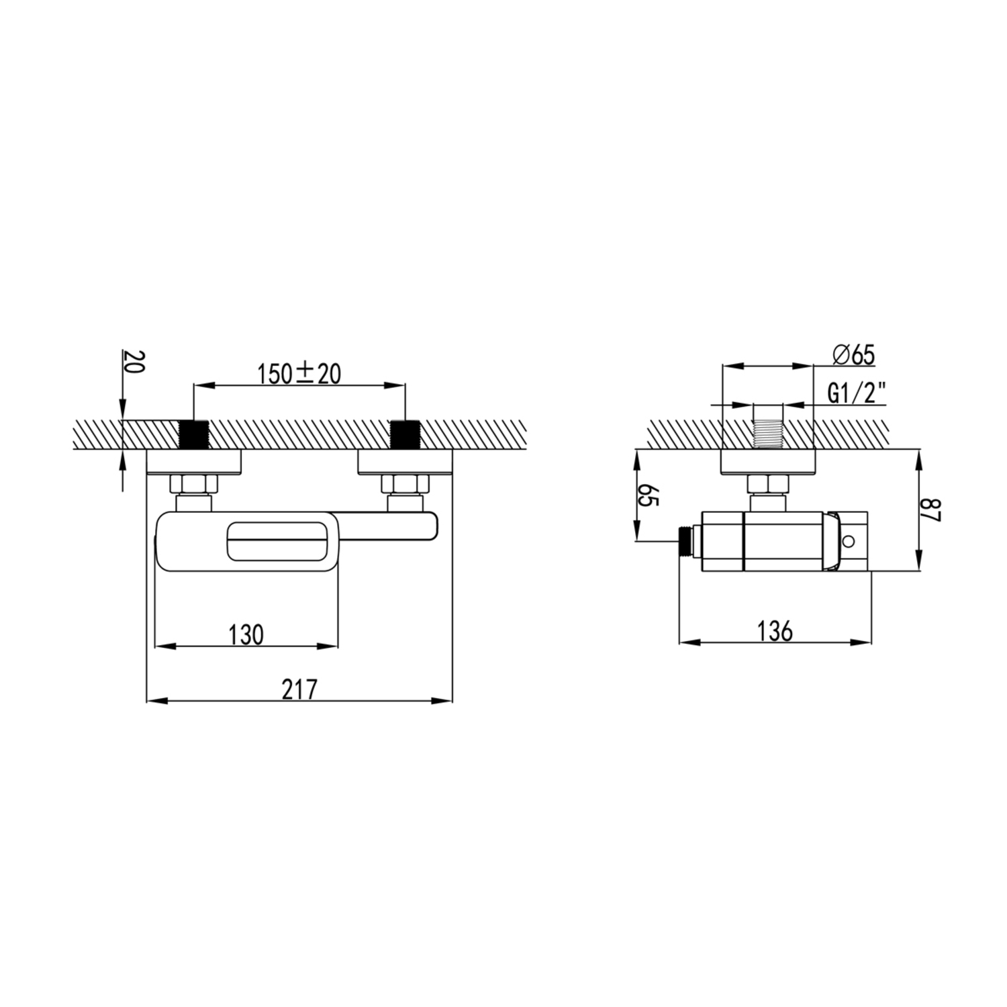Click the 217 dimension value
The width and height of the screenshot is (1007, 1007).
pyautogui.click(x=299, y=689)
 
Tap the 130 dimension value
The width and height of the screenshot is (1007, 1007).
pyautogui.click(x=246, y=634)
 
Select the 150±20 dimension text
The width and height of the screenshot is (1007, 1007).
pyautogui.click(x=299, y=373)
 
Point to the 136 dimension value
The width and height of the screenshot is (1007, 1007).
pyautogui.click(x=775, y=631)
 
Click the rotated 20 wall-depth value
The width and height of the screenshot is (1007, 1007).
pyautogui.click(x=132, y=363)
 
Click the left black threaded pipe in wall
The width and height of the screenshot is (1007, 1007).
pyautogui.click(x=195, y=434)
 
